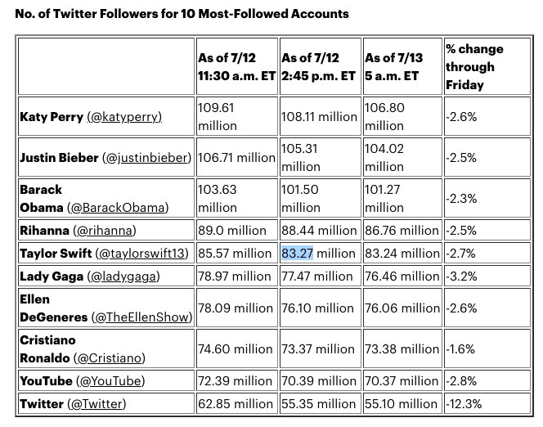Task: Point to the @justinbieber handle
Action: pos(146,157)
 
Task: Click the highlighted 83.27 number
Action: pos(298,253)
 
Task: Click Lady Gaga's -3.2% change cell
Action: pos(462,276)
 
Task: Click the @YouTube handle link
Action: pos(110,380)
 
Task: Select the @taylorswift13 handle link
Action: pos(142,254)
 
